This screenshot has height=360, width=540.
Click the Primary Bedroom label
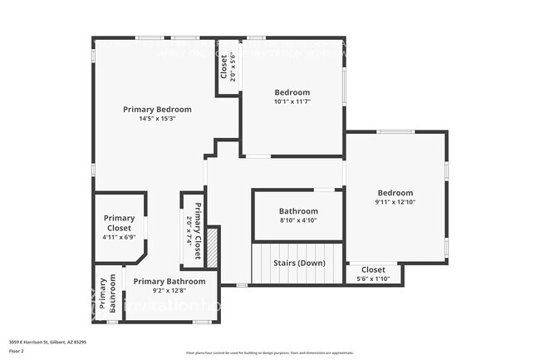click(157, 109)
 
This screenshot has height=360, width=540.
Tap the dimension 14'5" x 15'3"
click(157, 119)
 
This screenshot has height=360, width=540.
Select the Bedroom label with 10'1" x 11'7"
click(292, 92)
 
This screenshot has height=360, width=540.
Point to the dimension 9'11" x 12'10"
click(395, 202)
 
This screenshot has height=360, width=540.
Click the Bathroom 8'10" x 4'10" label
click(298, 211)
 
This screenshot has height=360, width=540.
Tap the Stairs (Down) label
click(299, 263)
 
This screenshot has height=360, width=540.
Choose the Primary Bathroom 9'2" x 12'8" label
click(169, 281)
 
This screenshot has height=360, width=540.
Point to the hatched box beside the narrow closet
click(212, 247)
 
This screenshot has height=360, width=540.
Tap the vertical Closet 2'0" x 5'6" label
click(224, 67)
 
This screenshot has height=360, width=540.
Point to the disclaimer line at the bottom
click(269, 353)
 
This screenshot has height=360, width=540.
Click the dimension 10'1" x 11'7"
click(292, 101)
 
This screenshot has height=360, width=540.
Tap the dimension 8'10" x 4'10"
click(298, 220)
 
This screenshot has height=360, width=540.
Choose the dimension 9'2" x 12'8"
click(169, 291)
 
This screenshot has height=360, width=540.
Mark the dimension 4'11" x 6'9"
click(119, 238)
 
